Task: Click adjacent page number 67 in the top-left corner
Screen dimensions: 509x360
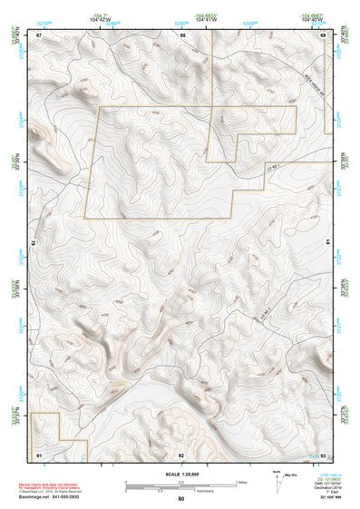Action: coord(39,35)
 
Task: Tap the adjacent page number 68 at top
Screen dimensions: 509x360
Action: coord(182,35)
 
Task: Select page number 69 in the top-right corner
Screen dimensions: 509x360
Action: coord(324,35)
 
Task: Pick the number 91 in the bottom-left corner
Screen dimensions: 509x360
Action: coord(39,453)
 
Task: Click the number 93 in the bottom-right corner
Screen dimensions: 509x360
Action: coord(324,453)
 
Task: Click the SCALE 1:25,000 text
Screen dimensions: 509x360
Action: coord(181,473)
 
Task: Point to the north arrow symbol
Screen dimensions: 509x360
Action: coord(278,480)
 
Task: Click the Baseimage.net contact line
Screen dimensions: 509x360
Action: coord(50,496)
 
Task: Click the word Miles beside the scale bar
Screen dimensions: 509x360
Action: coord(240,482)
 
